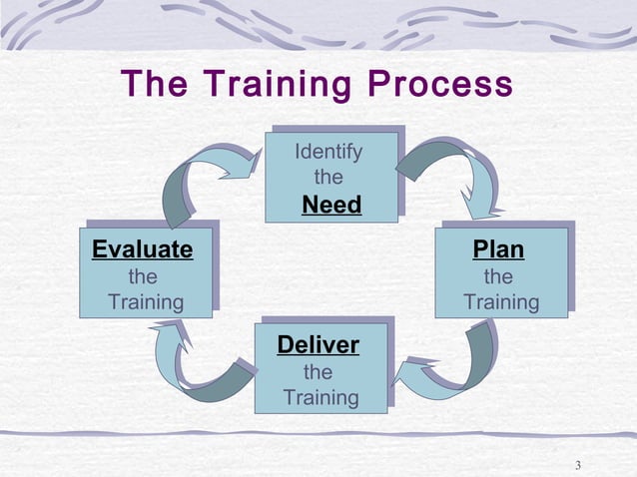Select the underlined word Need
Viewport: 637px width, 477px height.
331,206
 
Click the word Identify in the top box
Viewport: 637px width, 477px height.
328,153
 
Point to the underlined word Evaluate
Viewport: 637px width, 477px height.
142,248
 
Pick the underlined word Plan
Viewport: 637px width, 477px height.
498,248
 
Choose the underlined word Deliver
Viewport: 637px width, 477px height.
318,345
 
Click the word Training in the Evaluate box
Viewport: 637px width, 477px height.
146,301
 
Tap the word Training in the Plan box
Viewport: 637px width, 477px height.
501,301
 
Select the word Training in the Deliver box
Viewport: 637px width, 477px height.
320,398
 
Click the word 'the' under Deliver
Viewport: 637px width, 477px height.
318,372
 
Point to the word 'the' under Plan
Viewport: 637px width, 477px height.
498,275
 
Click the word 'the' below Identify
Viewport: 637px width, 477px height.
328,179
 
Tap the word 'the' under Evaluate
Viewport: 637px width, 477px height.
143,275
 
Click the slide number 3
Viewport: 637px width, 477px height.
579,465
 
